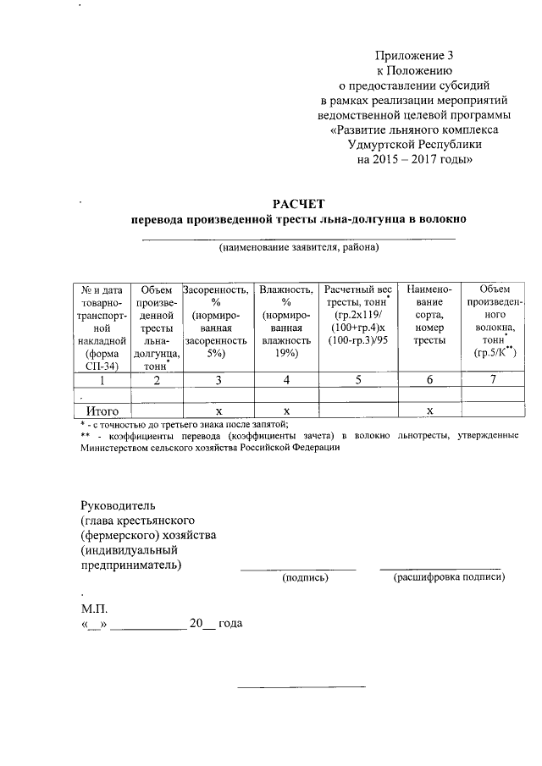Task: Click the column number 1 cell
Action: pos(102,380)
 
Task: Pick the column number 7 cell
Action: pos(496,380)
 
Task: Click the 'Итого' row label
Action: pos(102,411)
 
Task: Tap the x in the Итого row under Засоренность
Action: pos(218,411)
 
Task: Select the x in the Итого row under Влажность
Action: pos(287,411)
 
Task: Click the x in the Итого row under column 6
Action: pos(430,411)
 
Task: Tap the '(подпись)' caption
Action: pos(306,578)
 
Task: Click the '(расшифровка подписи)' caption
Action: pos(449,578)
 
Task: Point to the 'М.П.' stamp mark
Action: pos(95,608)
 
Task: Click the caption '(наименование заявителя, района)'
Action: pos(298,249)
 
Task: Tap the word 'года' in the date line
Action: pos(230,624)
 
